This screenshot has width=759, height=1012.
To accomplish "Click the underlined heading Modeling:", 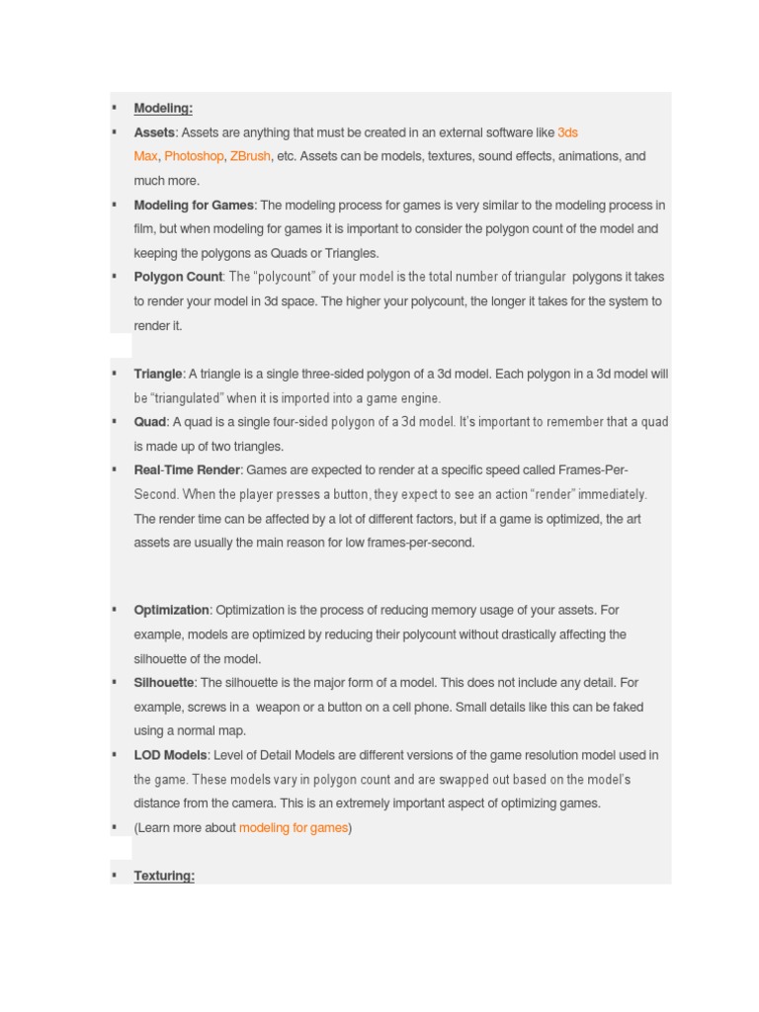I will click(x=163, y=108).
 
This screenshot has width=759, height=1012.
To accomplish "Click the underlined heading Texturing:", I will click(x=164, y=876).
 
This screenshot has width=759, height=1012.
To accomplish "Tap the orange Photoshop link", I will click(x=194, y=156).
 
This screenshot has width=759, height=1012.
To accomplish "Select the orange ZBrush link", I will click(x=250, y=156).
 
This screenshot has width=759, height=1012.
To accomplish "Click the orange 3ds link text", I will click(x=567, y=132).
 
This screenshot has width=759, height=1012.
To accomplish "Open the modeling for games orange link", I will click(x=294, y=827).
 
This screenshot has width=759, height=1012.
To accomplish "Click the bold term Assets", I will click(x=154, y=132).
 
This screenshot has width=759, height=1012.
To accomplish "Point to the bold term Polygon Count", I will click(x=178, y=277).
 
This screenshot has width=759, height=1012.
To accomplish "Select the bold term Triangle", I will click(x=158, y=374).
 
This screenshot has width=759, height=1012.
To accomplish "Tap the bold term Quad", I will click(x=150, y=422).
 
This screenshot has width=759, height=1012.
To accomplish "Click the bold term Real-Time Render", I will click(x=187, y=469).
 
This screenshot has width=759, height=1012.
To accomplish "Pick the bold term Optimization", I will click(x=171, y=610).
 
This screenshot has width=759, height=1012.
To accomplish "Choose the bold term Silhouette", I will click(x=164, y=682).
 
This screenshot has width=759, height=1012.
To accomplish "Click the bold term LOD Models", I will click(x=170, y=755).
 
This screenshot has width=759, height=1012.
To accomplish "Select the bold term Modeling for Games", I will click(x=194, y=205).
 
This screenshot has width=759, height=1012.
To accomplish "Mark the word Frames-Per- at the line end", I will click(x=593, y=469).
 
